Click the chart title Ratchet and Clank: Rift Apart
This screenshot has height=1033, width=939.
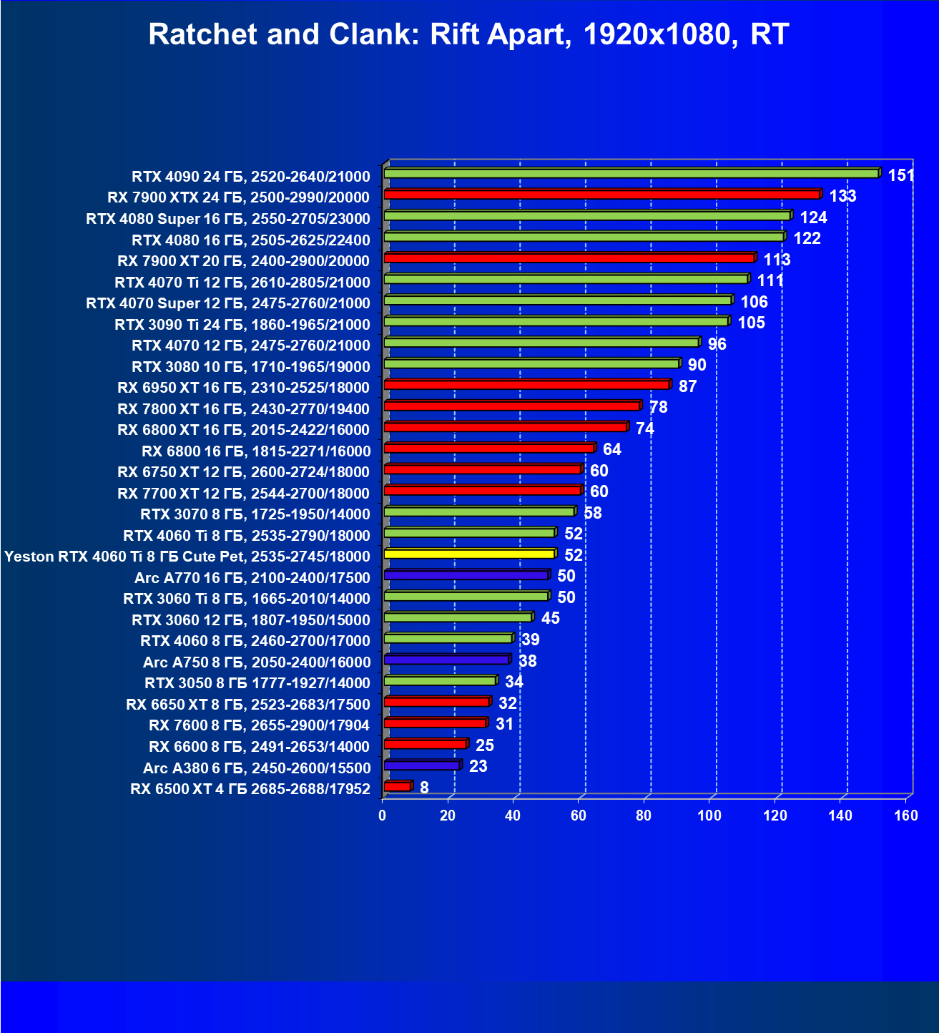coord(468,34)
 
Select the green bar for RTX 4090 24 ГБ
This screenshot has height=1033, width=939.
coord(631,173)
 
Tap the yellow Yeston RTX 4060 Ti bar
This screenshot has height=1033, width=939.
coord(469,554)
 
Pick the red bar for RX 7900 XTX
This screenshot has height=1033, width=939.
coord(601,195)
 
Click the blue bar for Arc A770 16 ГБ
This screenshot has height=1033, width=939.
coord(466,574)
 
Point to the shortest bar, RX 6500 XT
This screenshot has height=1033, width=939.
coord(397,786)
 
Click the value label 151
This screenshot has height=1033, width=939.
coord(901,175)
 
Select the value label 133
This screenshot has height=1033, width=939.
coord(842,196)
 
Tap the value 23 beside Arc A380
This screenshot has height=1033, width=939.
coord(478,766)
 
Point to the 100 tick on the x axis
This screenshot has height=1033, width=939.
coord(709,816)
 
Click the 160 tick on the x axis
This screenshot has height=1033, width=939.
coord(906,816)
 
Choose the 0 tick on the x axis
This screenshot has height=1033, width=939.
coord(383,816)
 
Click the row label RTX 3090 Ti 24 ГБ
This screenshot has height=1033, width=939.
coord(242,325)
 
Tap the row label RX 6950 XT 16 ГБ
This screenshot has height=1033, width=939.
coord(244,388)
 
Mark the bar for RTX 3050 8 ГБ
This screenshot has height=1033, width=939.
coord(440,680)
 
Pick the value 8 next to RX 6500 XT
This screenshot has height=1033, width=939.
coord(424,788)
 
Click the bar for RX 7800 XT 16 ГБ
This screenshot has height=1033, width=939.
coord(511,406)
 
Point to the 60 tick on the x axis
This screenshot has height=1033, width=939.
coord(579,816)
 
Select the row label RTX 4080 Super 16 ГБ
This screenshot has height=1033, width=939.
coord(228,219)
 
